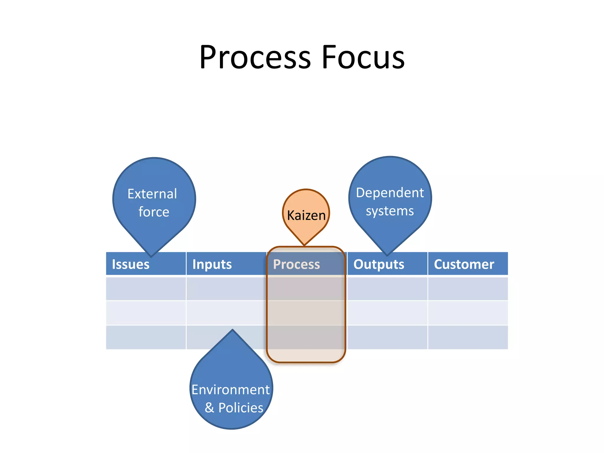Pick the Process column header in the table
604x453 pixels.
pyautogui.click(x=296, y=264)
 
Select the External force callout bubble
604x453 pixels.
pyautogui.click(x=154, y=201)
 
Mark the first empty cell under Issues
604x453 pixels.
pyautogui.click(x=146, y=288)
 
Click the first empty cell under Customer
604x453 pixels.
pyautogui.click(x=468, y=288)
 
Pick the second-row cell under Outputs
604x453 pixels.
pyautogui.click(x=387, y=313)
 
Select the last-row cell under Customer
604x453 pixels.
pyautogui.click(x=468, y=337)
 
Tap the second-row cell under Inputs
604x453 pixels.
pyautogui.click(x=226, y=313)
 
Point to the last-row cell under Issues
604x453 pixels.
pyautogui.click(x=146, y=337)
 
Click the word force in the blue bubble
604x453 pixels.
pyautogui.click(x=154, y=212)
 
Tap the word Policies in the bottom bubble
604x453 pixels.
pyautogui.click(x=241, y=408)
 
